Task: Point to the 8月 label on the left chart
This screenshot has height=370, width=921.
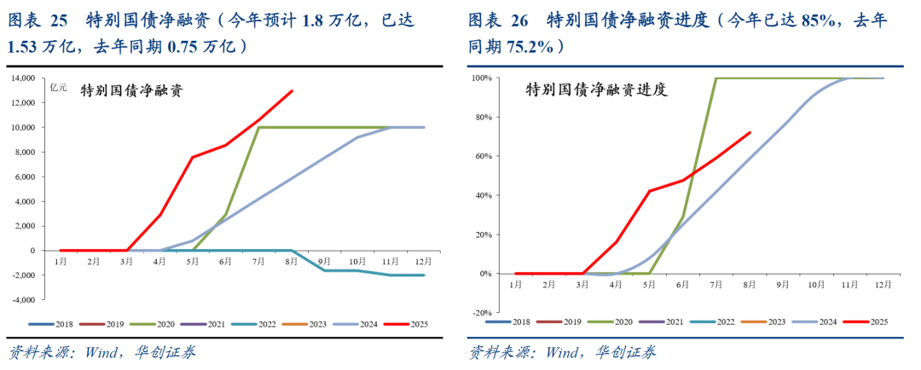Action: (293, 262)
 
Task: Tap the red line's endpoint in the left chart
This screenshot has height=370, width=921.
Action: (293, 91)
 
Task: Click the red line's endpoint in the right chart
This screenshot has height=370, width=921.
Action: (750, 132)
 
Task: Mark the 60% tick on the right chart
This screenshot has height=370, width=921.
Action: (481, 156)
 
